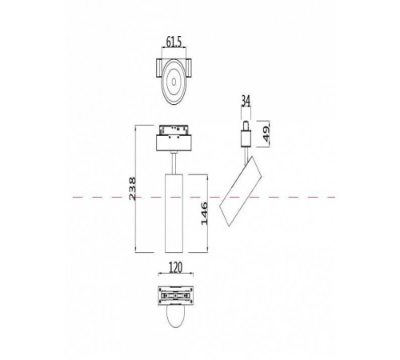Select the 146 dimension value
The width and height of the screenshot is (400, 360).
coord(205,212)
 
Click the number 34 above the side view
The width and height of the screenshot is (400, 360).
coord(245,101)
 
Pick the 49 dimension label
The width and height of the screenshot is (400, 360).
coord(266,131)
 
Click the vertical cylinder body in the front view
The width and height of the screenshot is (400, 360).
coord(174,212)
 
